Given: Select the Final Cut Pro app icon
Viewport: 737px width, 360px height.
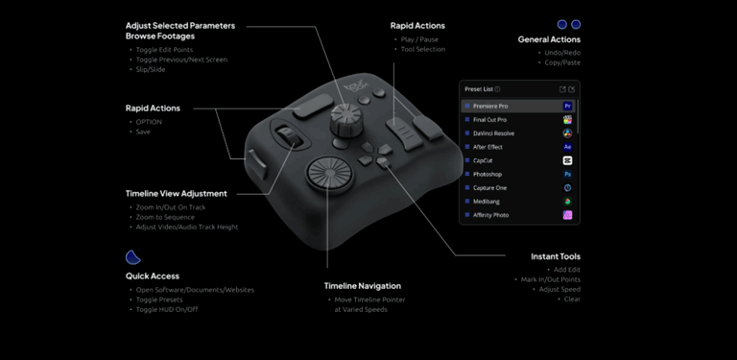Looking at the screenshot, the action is pos(567,120).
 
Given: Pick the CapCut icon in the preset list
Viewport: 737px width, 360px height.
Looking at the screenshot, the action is pos(567,160).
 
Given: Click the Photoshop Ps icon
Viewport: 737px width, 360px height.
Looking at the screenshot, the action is pos(567,175).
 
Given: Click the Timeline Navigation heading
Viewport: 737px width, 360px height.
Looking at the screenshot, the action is pos(363,286).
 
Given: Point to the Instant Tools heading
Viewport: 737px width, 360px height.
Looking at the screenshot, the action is pos(556,256).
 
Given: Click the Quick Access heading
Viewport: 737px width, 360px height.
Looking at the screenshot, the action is pos(153,276).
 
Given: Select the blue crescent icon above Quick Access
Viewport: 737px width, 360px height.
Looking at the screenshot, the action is pos(132,257).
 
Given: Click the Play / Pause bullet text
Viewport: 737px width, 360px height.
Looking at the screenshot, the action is pos(419,39).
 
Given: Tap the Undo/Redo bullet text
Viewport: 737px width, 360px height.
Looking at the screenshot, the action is pos(562,53).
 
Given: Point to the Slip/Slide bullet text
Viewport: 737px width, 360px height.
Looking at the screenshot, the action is pos(151,69).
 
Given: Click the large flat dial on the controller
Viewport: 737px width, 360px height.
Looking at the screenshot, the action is pos(330,173).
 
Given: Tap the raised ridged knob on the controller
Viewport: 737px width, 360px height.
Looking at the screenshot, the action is pos(345,118).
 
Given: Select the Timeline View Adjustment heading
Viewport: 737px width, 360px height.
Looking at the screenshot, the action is pos(177,194).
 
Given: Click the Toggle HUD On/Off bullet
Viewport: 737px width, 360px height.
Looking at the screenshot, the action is pos(167,310).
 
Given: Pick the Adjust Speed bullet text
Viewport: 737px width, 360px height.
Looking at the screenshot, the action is pos(559,290).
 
